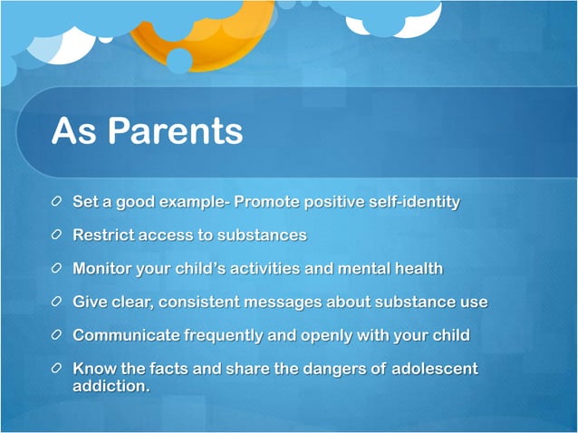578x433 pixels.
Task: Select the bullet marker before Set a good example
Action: coord(58,202)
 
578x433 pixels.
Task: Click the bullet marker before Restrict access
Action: coord(58,236)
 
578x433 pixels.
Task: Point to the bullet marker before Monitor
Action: coord(58,269)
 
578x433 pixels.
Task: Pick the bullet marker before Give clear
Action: coord(58,303)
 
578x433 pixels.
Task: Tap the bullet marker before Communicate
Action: coord(58,336)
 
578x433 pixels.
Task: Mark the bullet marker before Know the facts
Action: coord(58,370)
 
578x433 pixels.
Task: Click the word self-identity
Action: coord(412,201)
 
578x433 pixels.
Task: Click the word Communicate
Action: coord(126,335)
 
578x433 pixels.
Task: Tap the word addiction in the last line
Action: coord(110,385)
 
